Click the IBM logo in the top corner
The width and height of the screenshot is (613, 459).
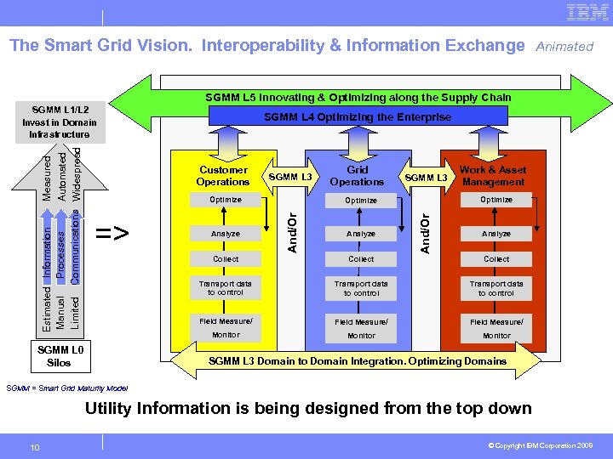pyautogui.click(x=587, y=14)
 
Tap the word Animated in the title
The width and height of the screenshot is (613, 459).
pyautogui.click(x=564, y=47)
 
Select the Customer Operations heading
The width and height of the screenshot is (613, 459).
pyautogui.click(x=223, y=176)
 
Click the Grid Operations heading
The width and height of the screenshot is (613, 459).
pyautogui.click(x=357, y=176)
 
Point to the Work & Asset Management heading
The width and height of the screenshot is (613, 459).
pyautogui.click(x=494, y=176)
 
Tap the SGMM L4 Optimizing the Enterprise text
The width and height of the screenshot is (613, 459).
pyautogui.click(x=358, y=117)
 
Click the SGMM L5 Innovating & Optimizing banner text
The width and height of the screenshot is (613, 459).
pyautogui.click(x=358, y=98)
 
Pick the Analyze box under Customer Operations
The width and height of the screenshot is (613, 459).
pyautogui.click(x=226, y=234)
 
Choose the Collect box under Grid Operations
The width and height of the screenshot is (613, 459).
pyautogui.click(x=361, y=259)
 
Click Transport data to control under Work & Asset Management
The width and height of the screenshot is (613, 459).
pyautogui.click(x=496, y=288)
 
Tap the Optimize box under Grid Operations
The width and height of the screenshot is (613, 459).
pyautogui.click(x=361, y=201)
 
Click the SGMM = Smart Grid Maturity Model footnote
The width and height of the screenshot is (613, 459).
pyautogui.click(x=67, y=388)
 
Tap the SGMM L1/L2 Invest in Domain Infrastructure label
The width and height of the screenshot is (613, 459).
pyautogui.click(x=59, y=122)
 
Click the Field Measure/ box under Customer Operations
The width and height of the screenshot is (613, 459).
pyautogui.click(x=226, y=320)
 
